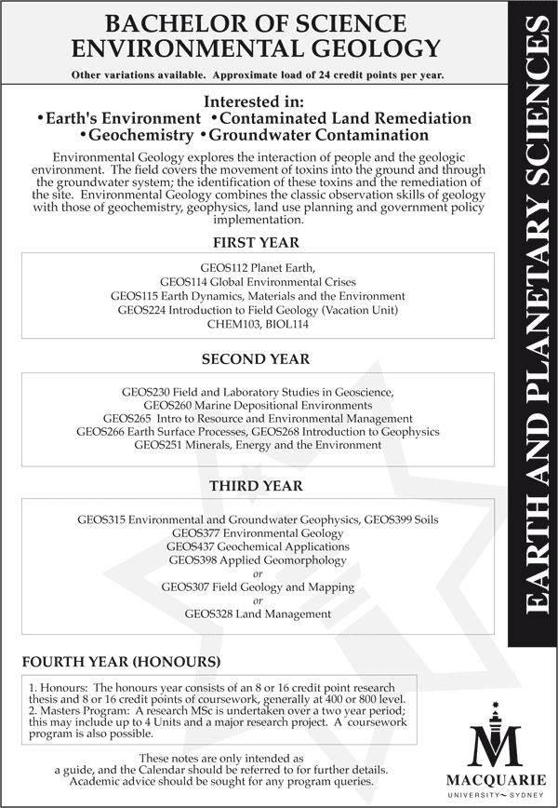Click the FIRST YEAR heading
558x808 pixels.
(x=256, y=243)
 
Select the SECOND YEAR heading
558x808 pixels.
(x=256, y=358)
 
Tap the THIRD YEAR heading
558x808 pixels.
(x=256, y=486)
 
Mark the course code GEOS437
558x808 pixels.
(x=193, y=546)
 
